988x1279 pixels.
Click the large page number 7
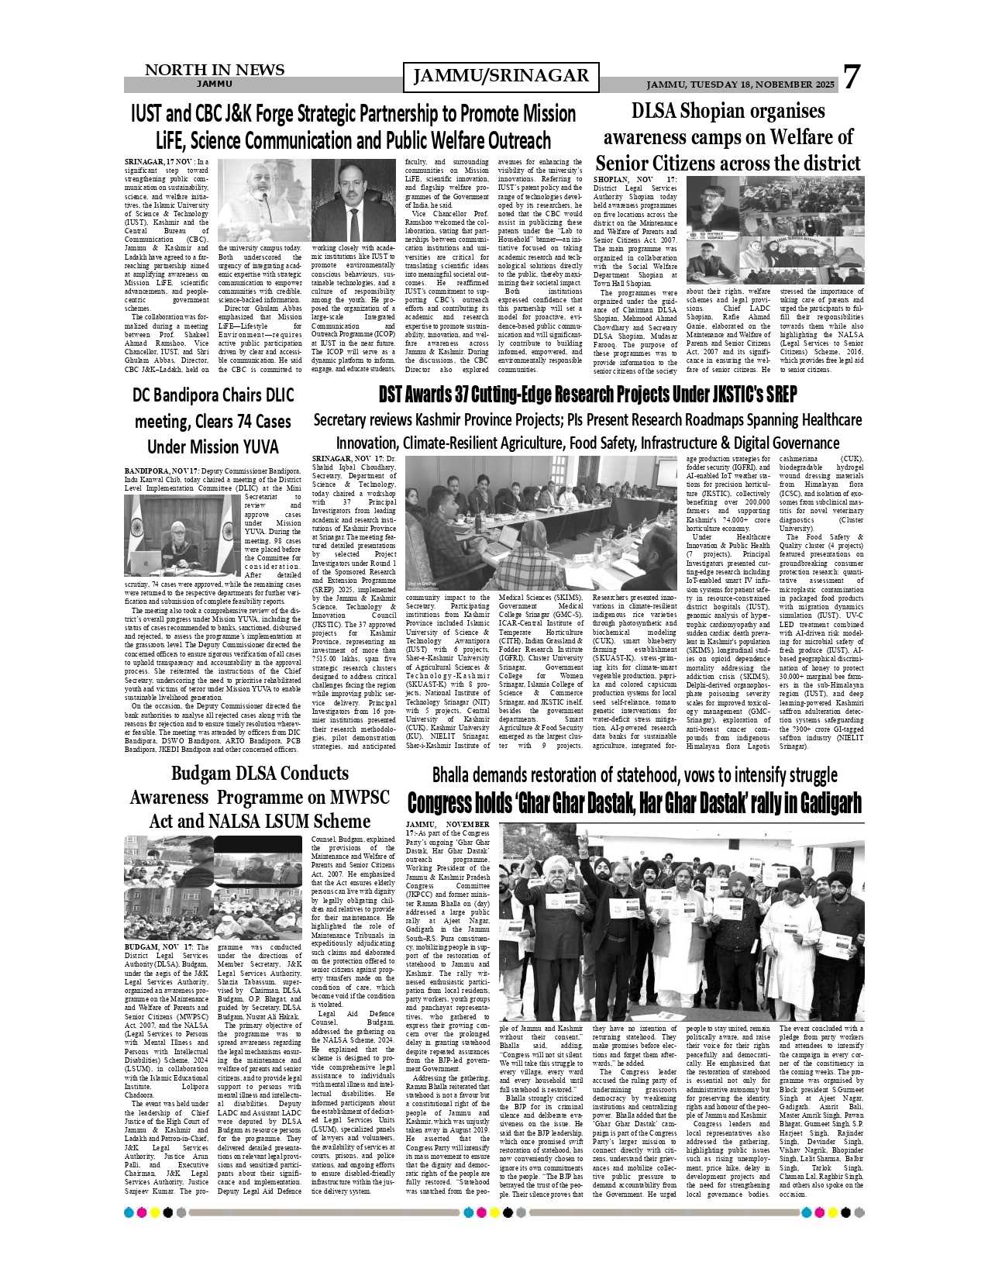tap(852, 78)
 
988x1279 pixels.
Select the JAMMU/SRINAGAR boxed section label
tap(501, 76)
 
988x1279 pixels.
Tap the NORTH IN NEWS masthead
tap(215, 71)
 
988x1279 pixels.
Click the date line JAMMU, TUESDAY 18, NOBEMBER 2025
tap(740, 84)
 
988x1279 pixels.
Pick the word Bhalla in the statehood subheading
tap(457, 775)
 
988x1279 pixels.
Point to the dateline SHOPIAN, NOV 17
tap(635, 180)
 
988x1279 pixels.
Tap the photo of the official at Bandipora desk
tap(182, 536)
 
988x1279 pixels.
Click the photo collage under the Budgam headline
tap(213, 888)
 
